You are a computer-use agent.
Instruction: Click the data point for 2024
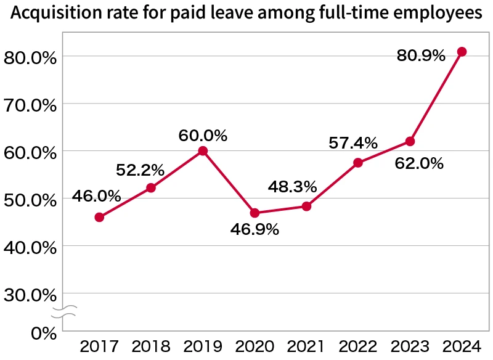462,52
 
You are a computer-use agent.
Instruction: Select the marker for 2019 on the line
203,151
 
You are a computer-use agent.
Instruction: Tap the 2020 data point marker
255,213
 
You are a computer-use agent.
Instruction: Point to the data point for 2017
99,217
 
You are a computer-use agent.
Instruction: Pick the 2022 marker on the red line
358,163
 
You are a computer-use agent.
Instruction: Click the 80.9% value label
421,56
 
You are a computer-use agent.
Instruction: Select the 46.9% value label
255,230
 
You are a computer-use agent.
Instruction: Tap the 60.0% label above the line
203,135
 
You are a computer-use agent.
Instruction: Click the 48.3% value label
292,186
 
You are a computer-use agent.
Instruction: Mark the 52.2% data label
140,170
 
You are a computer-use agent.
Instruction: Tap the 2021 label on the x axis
306,347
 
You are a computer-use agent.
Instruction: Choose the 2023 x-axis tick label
410,347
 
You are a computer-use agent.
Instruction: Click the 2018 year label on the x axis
151,347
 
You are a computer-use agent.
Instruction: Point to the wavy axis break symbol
63,311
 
